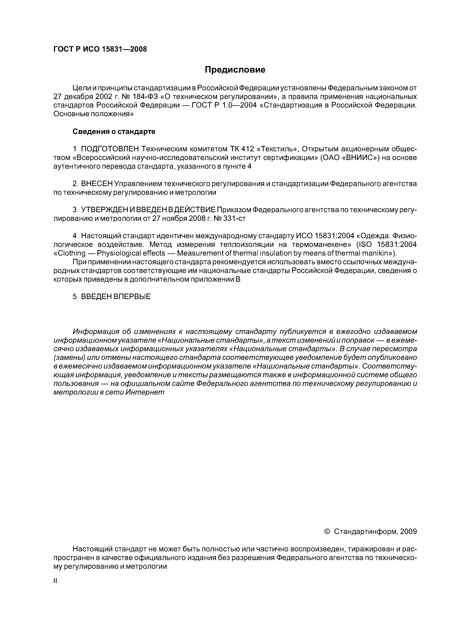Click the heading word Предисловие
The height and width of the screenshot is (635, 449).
235,70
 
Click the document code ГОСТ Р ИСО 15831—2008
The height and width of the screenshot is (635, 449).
100,49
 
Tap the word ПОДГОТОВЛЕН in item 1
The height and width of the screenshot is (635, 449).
110,149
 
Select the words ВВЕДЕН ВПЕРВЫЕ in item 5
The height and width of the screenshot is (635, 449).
116,297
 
